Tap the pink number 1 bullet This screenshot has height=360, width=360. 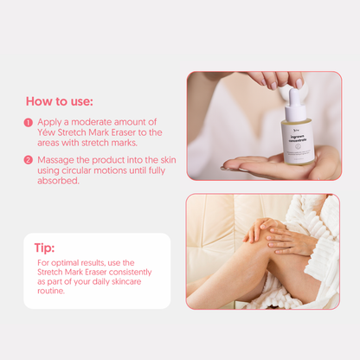pos(29,123)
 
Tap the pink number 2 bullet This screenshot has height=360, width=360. pos(29,160)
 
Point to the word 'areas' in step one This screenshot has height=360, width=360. pos(51,143)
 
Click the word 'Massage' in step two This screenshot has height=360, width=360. pos(59,160)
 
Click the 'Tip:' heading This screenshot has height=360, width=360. pos(45,247)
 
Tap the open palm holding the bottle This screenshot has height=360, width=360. pos(260,162)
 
